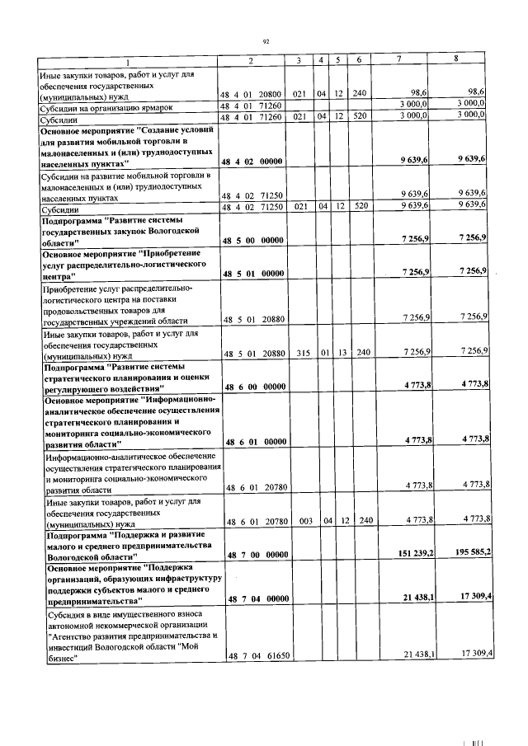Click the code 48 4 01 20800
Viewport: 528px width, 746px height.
click(251, 96)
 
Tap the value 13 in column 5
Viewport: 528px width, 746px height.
click(338, 352)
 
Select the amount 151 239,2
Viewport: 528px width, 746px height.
click(404, 553)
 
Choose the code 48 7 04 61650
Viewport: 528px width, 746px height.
click(256, 655)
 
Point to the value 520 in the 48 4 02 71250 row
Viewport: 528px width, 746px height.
click(359, 208)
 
